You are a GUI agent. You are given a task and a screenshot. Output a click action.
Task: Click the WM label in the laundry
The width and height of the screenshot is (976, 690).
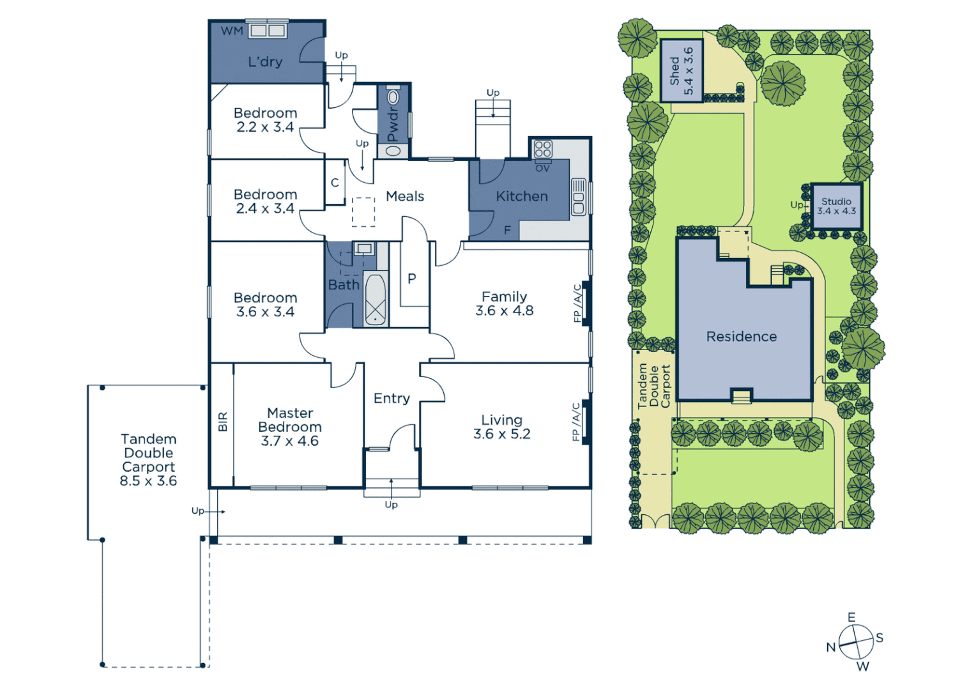pyautogui.click(x=231, y=31)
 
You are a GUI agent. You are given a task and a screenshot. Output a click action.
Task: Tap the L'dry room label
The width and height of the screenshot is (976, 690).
pyautogui.click(x=265, y=62)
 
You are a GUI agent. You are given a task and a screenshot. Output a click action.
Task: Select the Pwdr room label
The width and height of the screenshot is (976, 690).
pyautogui.click(x=393, y=123)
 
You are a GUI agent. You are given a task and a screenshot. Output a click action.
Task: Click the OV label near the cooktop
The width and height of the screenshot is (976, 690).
pyautogui.click(x=542, y=169)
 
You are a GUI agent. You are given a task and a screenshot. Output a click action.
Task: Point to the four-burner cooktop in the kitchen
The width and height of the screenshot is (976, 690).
pyautogui.click(x=543, y=149)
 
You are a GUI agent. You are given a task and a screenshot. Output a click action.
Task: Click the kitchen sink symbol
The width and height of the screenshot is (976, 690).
pyautogui.click(x=579, y=197)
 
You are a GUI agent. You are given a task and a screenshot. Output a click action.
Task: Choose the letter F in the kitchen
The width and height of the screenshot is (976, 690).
pyautogui.click(x=508, y=230)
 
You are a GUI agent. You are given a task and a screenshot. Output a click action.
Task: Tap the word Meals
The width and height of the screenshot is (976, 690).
pyautogui.click(x=405, y=197)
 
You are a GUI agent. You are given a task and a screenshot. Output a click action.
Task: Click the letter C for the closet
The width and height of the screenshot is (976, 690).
pyautogui.click(x=335, y=183)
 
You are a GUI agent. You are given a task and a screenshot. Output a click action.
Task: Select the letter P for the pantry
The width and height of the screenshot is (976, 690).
pyautogui.click(x=412, y=279)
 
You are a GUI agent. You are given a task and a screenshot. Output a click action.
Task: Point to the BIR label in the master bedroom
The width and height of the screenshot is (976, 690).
pyautogui.click(x=223, y=422)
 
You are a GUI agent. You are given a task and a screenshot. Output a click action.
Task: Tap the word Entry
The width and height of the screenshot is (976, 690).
pyautogui.click(x=392, y=399)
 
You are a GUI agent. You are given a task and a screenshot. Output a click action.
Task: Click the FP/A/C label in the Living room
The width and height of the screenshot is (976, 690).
pyautogui.click(x=576, y=422)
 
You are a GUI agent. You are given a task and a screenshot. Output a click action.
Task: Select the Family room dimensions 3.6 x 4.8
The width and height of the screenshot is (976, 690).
pyautogui.click(x=504, y=311)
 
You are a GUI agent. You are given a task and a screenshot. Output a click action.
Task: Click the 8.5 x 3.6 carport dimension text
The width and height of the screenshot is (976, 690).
pyautogui.click(x=148, y=481)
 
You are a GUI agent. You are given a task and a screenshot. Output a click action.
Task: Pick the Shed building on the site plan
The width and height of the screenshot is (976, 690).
pyautogui.click(x=682, y=70)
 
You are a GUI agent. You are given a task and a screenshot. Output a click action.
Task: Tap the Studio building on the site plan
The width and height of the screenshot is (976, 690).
pyautogui.click(x=837, y=206)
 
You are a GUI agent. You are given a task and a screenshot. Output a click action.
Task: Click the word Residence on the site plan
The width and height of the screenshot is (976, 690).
pyautogui.click(x=742, y=337)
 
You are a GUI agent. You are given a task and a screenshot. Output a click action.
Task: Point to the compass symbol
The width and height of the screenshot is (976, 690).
pyautogui.click(x=856, y=641)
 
